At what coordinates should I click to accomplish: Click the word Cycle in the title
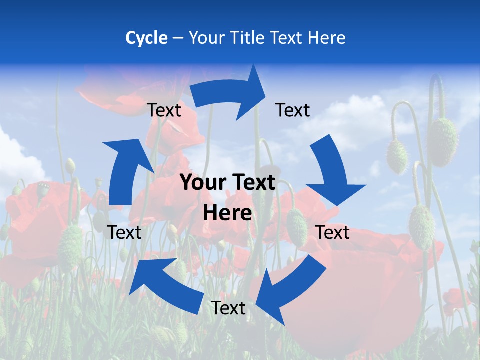tap(146, 38)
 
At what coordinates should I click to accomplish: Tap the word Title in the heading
tap(247, 38)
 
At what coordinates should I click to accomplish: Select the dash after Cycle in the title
tap(178, 38)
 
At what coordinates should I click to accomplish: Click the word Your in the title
tap(207, 38)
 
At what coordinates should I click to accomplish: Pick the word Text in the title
tap(287, 38)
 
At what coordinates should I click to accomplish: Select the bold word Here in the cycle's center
tap(227, 213)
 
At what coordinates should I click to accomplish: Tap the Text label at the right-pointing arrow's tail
tap(164, 110)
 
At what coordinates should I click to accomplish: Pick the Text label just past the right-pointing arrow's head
tap(293, 110)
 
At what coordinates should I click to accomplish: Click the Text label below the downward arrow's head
tap(333, 232)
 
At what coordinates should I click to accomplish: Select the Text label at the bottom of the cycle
tap(228, 308)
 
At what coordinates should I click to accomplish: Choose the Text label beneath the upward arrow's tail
tap(124, 232)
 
